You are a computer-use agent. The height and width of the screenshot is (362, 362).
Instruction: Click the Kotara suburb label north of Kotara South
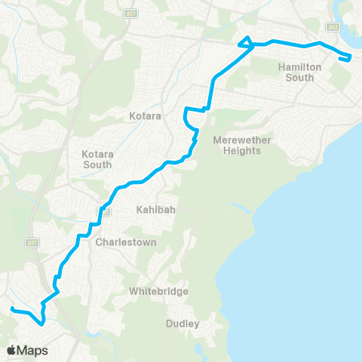tap(145, 116)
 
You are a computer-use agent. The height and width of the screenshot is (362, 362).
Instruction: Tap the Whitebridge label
tap(158, 291)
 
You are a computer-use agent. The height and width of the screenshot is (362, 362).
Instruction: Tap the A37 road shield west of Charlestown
tap(32, 242)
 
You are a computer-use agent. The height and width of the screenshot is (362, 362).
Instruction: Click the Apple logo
tap(11, 350)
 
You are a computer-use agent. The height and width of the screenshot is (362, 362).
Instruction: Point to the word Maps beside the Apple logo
tap(32, 350)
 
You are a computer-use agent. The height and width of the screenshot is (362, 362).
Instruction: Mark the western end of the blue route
tap(11, 308)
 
